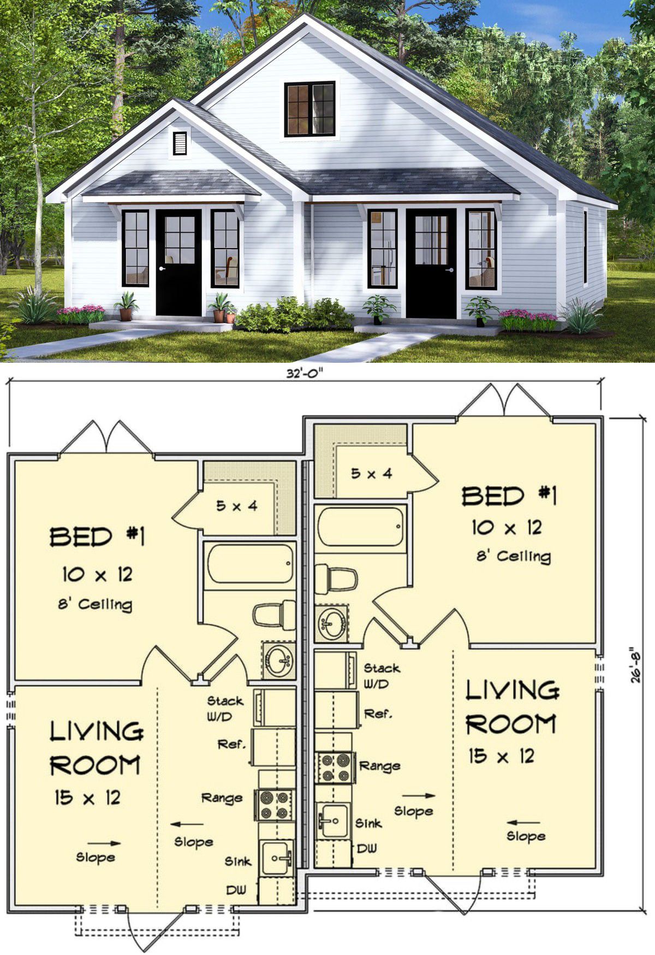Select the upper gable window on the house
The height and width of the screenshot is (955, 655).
[x=309, y=109]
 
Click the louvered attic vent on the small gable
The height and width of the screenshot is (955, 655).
[x=180, y=143]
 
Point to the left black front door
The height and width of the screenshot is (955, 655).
[x=179, y=263]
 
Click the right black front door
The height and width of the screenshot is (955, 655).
[x=431, y=263]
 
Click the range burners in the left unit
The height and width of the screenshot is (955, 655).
[x=275, y=805]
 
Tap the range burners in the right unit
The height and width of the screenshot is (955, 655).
[x=335, y=768]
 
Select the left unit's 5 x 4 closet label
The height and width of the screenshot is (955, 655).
[x=236, y=505]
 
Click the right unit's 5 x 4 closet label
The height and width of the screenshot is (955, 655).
[x=371, y=473]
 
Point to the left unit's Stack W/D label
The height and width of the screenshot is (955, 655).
[x=225, y=708]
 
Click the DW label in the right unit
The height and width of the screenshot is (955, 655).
[x=367, y=848]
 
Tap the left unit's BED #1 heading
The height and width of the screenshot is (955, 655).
[x=98, y=537]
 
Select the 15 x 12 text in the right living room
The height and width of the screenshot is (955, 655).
[x=502, y=756]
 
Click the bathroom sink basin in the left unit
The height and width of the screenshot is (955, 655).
[x=279, y=660]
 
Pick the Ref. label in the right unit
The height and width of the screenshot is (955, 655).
[x=378, y=714]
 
